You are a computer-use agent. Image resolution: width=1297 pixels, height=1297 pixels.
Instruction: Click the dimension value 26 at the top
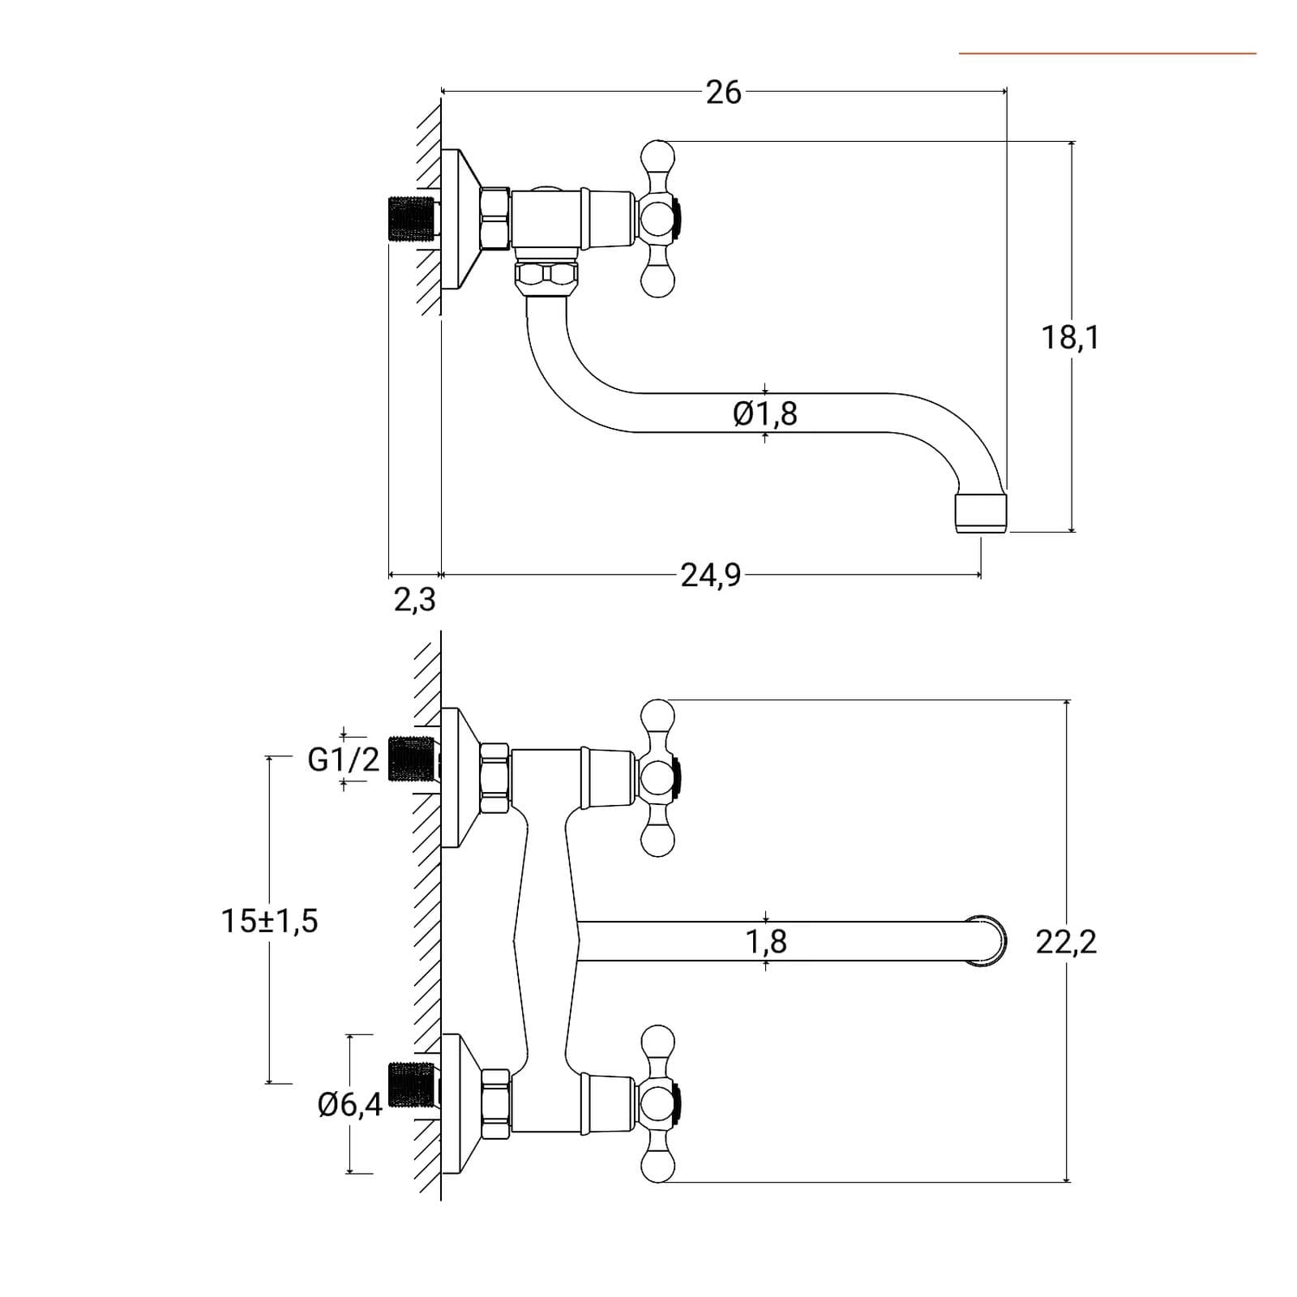723,92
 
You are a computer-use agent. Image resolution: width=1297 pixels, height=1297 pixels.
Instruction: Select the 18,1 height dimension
1070,336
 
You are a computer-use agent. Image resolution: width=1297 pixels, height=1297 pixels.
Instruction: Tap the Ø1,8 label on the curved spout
765,413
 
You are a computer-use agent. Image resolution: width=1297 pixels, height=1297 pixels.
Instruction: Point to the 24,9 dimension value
710,575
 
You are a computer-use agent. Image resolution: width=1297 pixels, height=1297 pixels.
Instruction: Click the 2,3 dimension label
415,600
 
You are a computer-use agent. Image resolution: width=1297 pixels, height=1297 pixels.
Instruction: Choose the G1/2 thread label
344,760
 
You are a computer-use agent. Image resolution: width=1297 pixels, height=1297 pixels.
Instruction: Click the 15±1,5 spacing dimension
270,921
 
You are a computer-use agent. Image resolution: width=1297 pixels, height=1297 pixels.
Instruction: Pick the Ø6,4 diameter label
350,1104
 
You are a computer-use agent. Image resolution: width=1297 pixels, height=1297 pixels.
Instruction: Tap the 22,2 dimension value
1066,942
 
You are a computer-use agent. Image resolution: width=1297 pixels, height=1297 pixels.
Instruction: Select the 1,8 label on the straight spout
766,942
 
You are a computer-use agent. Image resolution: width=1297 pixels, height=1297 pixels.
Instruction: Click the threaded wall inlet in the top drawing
410,219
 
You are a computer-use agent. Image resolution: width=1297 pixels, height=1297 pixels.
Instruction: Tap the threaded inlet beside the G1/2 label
412,759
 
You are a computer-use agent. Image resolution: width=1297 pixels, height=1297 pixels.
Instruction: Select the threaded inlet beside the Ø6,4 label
412,1085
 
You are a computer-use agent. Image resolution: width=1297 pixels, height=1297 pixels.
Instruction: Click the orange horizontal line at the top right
1107,54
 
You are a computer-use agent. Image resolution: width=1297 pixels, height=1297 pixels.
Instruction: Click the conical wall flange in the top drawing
462,219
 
